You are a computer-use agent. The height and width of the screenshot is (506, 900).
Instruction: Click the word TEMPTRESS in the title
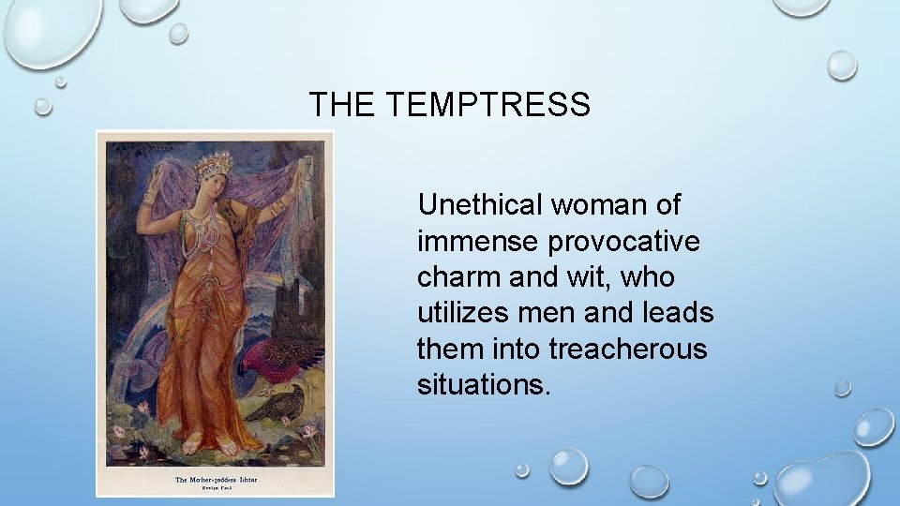click(487, 105)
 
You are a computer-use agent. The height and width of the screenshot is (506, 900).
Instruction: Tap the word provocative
click(623, 242)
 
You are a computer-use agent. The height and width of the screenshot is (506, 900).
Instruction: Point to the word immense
click(478, 242)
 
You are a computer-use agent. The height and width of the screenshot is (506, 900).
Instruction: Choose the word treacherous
click(628, 350)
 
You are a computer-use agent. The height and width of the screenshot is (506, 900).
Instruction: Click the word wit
click(583, 278)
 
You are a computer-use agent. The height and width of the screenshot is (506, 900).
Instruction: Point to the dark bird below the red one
click(282, 402)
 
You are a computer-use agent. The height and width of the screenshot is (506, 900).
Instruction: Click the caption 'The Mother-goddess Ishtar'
click(216, 480)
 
